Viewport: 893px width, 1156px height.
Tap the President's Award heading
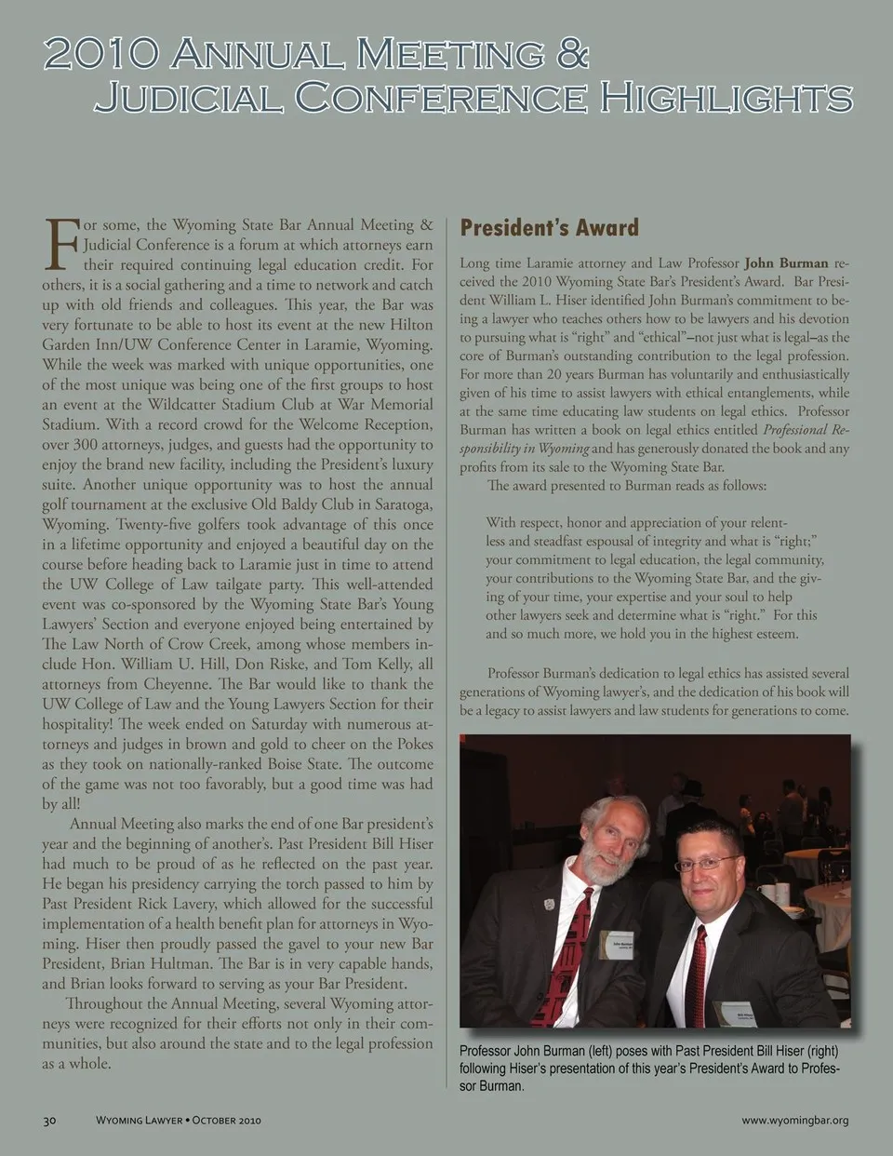tap(549, 228)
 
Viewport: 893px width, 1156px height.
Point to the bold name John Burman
tap(786, 263)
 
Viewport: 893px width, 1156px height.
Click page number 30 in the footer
tap(50, 1120)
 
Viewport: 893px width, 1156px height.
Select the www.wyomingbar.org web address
tap(794, 1120)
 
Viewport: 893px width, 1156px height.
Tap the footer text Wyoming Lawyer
tap(139, 1120)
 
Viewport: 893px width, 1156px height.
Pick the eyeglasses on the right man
tap(709, 864)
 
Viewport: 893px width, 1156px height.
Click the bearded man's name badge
tap(617, 944)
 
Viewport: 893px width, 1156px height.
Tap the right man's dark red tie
tap(698, 973)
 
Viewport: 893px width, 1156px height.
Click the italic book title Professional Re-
tap(806, 430)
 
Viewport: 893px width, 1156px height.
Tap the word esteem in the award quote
tap(771, 634)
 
